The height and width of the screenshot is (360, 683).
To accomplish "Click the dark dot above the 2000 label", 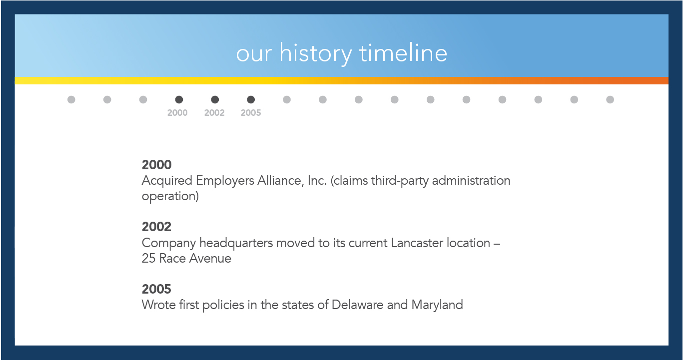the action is (x=179, y=100).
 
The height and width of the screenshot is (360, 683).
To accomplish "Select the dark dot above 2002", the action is (x=215, y=100).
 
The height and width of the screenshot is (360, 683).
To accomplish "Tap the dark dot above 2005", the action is (x=251, y=100).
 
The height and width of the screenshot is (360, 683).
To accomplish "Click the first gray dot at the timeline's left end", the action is (x=71, y=100).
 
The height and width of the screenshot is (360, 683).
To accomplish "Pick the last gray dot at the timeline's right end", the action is (x=610, y=100).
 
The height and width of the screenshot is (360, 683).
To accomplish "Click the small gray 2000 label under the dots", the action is (x=177, y=113).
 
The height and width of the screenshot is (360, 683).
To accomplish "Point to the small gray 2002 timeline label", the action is (x=214, y=113).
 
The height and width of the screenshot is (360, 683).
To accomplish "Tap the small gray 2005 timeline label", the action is (x=251, y=113).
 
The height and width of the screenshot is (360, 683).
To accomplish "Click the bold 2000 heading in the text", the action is (x=157, y=165).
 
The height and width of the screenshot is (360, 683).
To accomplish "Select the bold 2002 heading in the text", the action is (x=157, y=227).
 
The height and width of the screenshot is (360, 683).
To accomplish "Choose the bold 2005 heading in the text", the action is (x=157, y=289).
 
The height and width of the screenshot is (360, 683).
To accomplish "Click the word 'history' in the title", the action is (x=316, y=53).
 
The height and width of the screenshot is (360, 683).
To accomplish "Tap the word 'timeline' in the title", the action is (x=403, y=53).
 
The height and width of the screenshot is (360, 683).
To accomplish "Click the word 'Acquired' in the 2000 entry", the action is (x=167, y=181).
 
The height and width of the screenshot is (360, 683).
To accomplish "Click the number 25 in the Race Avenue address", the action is (x=149, y=259).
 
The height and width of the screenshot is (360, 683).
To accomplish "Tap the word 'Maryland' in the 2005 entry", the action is (x=437, y=306).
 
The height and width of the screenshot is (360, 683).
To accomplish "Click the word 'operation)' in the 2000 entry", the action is (x=170, y=197).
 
